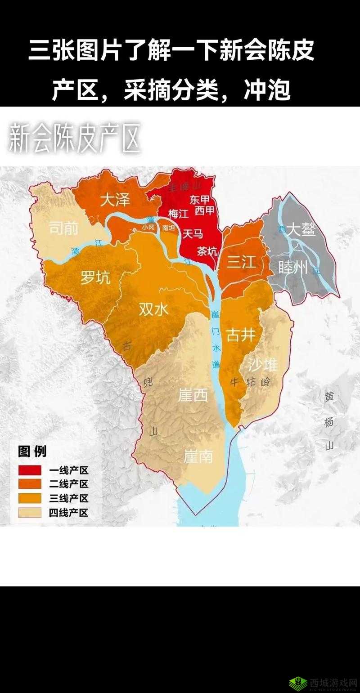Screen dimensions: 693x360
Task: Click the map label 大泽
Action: [115, 200]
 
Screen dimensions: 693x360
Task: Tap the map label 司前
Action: [63, 228]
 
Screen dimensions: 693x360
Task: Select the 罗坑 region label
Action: [95, 278]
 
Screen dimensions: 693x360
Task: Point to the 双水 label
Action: [153, 309]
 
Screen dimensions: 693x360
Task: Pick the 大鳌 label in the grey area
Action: [301, 229]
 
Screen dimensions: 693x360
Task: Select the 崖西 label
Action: [193, 395]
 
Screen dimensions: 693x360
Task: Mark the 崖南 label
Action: [198, 456]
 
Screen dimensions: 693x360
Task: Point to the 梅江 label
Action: [178, 214]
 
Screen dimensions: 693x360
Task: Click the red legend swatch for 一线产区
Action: [30, 470]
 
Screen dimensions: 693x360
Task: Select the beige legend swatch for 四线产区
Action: [30, 512]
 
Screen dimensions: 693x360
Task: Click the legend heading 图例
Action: [32, 451]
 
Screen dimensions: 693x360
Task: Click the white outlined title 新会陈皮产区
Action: [74, 137]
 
